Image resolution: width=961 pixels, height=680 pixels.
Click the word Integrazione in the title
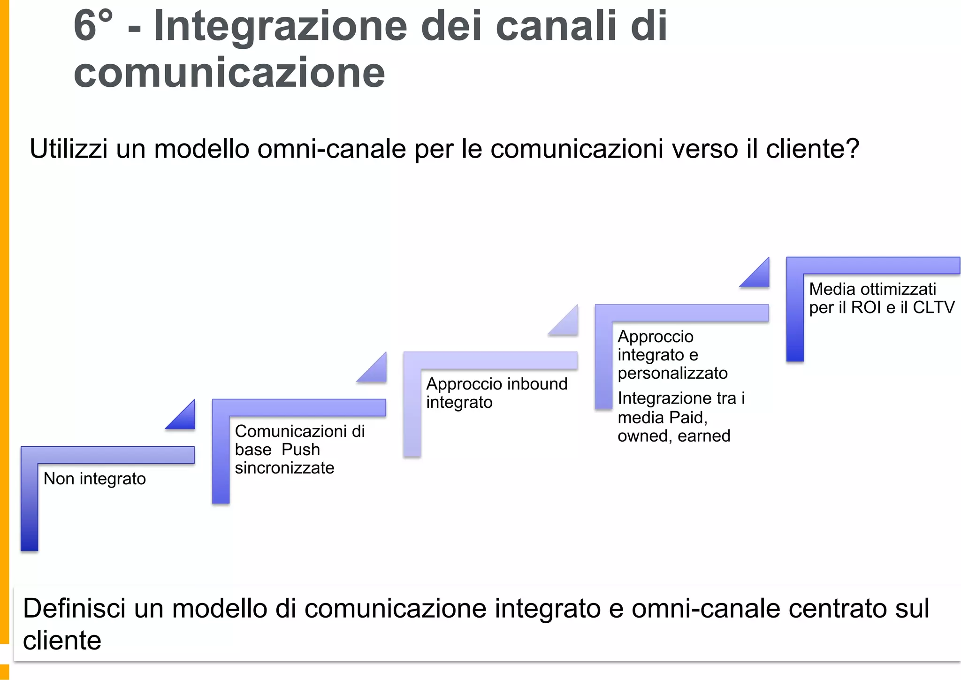click(x=280, y=26)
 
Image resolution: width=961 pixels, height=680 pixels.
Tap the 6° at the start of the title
click(x=93, y=26)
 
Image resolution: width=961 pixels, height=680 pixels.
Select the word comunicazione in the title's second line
click(x=229, y=73)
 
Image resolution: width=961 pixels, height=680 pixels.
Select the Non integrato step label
click(x=95, y=479)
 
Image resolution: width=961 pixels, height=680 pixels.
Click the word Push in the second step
click(x=301, y=450)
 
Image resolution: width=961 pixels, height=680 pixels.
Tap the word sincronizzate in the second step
click(x=284, y=468)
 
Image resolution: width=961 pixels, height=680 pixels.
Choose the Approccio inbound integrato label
click(x=496, y=393)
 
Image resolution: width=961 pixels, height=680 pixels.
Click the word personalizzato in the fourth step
click(x=672, y=373)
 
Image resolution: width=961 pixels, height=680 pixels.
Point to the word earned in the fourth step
click(x=704, y=436)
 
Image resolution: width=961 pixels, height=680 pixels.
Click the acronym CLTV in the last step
click(x=934, y=307)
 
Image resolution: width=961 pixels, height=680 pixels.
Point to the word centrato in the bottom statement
click(x=838, y=609)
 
